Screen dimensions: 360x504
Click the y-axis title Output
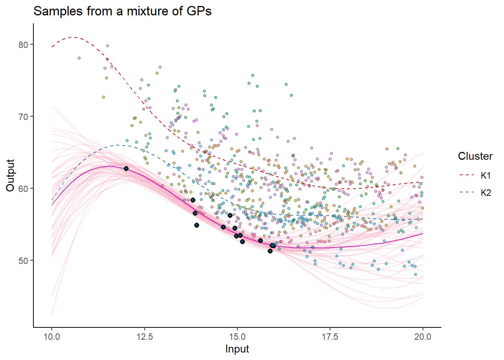10,175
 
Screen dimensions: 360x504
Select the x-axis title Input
237,349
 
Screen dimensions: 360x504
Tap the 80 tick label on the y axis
23,45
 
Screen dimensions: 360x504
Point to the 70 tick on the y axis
23,117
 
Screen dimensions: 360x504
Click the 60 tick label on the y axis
23,189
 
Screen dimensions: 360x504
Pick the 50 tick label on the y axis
23,261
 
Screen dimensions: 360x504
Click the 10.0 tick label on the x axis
52,336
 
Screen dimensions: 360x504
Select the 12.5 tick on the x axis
145,336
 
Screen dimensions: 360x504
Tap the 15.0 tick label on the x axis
237,336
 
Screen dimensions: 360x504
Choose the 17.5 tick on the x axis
330,336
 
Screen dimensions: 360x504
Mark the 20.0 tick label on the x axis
423,336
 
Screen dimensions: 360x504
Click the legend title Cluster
475,156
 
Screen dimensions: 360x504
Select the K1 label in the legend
486,175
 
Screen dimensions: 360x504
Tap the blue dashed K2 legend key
466,192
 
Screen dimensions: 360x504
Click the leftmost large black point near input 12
126,169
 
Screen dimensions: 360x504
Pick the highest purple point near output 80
107,46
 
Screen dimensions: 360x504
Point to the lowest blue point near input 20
415,274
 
